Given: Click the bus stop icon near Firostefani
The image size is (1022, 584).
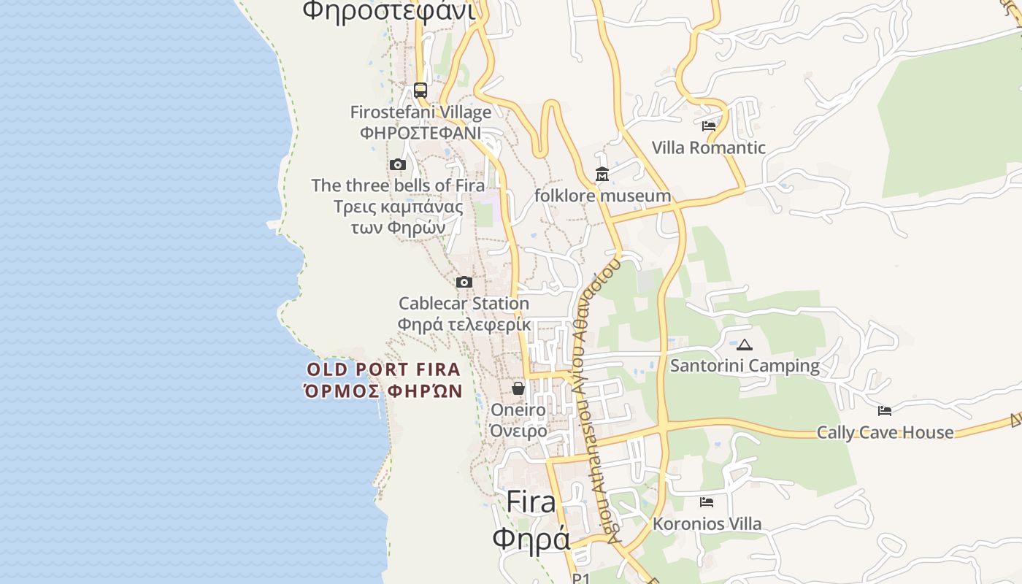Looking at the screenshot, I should click(420, 91).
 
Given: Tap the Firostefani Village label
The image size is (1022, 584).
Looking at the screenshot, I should click(420, 113).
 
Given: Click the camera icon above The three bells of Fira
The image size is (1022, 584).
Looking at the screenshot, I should click(397, 164).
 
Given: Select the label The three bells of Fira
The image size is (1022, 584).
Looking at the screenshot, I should click(398, 185).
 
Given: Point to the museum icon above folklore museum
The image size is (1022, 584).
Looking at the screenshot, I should click(602, 174).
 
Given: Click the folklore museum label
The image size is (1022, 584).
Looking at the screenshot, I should click(602, 196).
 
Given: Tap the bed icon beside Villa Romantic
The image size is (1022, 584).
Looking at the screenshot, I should click(708, 126).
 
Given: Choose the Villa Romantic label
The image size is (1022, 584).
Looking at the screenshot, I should click(708, 147).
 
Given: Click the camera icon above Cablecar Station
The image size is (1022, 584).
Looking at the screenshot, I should click(464, 282).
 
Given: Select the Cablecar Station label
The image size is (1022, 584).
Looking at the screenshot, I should click(464, 303).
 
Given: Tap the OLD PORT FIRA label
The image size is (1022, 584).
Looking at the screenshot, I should click(383, 369).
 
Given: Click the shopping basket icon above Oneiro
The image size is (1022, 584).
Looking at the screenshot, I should click(518, 388).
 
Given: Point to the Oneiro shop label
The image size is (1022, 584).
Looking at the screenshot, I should click(518, 410).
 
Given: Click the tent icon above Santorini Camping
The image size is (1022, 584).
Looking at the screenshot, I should click(745, 345).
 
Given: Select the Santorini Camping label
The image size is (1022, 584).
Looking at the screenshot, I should click(745, 366).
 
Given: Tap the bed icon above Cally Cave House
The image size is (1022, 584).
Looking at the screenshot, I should click(885, 410).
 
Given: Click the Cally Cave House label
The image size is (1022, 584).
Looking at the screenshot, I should click(885, 432).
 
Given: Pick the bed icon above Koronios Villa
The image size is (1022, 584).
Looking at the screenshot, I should click(706, 502).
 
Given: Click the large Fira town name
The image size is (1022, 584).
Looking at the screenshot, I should click(531, 502).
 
